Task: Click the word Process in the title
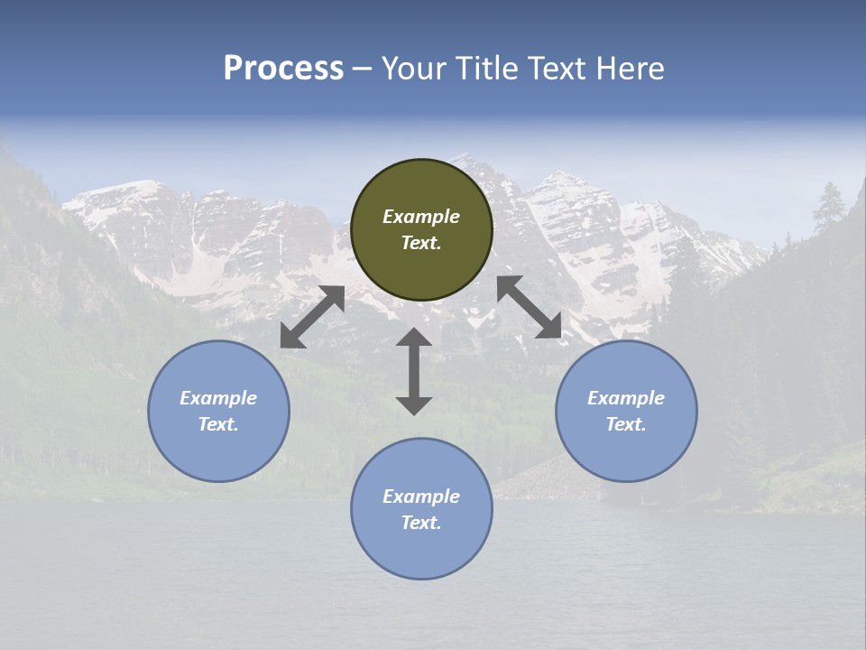pyautogui.click(x=283, y=69)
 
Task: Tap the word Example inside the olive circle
pyautogui.click(x=421, y=217)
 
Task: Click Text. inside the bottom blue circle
pyautogui.click(x=421, y=523)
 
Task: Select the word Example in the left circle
pyautogui.click(x=218, y=398)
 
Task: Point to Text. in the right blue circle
pyautogui.click(x=626, y=424)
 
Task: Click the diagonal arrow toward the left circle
pyautogui.click(x=312, y=317)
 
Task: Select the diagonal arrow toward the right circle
pyautogui.click(x=530, y=307)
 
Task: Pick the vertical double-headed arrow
pyautogui.click(x=414, y=371)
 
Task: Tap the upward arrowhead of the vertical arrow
pyautogui.click(x=414, y=338)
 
